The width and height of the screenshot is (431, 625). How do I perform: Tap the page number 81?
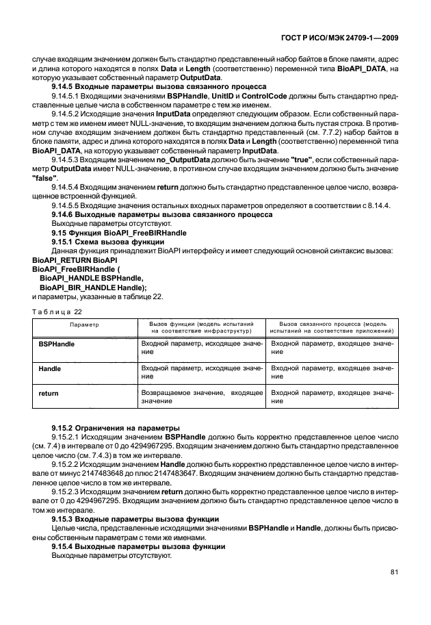394,572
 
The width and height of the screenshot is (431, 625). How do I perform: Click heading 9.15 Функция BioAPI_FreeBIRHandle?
119,233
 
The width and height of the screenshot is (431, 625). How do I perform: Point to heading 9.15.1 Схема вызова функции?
105,242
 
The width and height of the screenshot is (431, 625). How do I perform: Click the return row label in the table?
49,394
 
